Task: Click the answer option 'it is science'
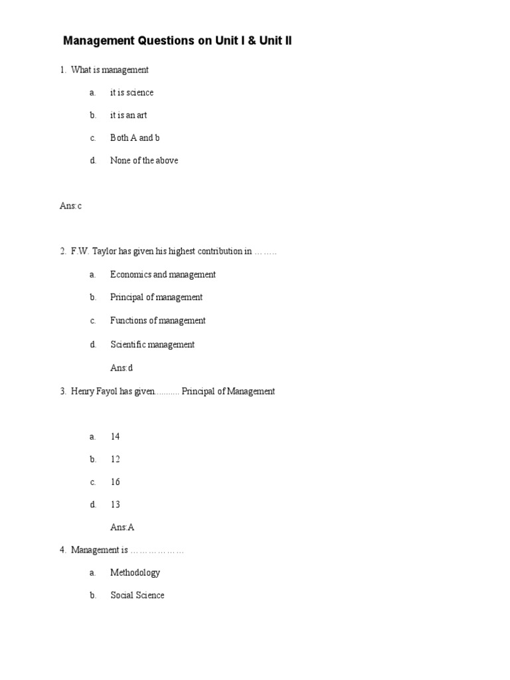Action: [131, 92]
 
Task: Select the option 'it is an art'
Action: [129, 115]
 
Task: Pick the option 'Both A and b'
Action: [135, 137]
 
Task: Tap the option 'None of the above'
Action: [144, 160]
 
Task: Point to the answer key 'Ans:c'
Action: [70, 206]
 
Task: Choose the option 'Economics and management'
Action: [163, 274]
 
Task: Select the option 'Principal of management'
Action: [156, 297]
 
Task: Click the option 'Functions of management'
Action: [158, 320]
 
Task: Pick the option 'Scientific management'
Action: [152, 344]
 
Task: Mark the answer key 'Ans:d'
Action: [122, 367]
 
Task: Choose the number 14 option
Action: [115, 436]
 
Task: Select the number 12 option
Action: [115, 459]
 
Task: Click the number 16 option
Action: [115, 481]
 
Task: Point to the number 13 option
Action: [115, 504]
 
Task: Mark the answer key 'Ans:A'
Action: [122, 527]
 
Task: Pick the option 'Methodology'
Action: [135, 572]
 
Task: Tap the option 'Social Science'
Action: [137, 595]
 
